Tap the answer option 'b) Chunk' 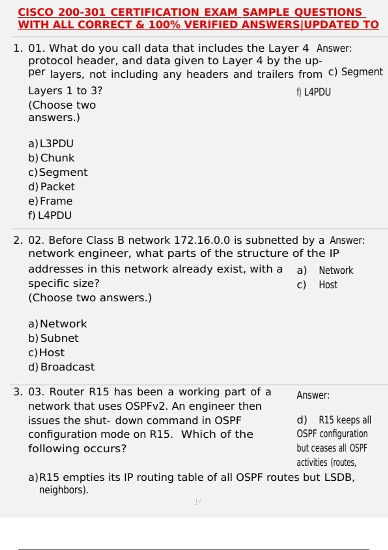coord(51,158)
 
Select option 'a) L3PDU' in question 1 coord(51,143)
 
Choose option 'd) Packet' coord(51,187)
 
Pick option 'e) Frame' coord(50,201)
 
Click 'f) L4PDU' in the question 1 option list coord(50,215)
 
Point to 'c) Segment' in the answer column coord(355,72)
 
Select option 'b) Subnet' coord(53,338)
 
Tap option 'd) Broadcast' coord(61,367)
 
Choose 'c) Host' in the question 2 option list coord(46,352)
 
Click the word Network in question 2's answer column coord(336,270)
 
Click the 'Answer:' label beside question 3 coord(313,395)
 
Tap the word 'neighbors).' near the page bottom coord(64,490)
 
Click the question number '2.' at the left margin coord(18,240)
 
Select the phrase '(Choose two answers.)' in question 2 coord(90,298)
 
